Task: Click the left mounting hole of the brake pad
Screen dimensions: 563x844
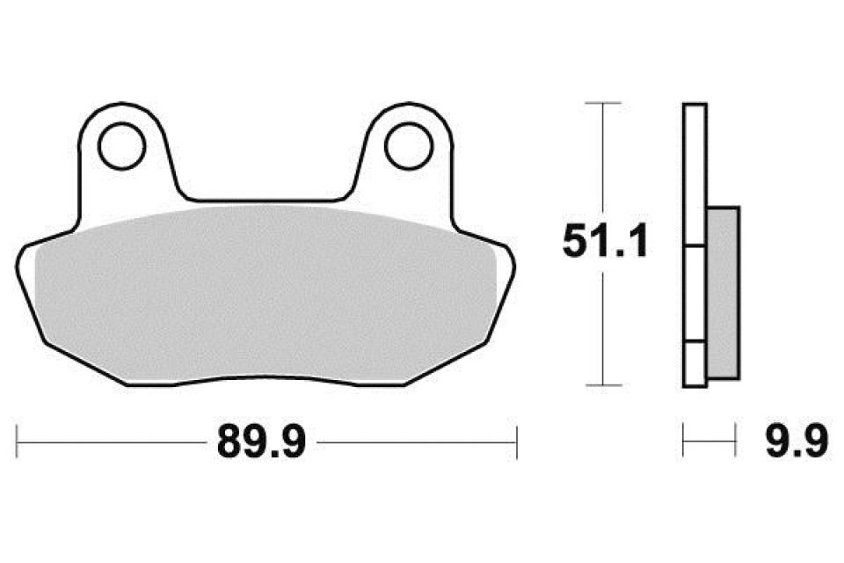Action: pyautogui.click(x=122, y=146)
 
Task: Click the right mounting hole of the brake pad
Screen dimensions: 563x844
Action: pyautogui.click(x=407, y=146)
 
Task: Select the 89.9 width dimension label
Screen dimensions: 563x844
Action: pyautogui.click(x=261, y=442)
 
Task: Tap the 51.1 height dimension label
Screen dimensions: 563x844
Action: pyautogui.click(x=605, y=243)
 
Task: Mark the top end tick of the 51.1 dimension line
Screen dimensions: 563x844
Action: pyautogui.click(x=603, y=104)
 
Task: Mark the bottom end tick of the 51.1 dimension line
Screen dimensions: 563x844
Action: pyautogui.click(x=603, y=385)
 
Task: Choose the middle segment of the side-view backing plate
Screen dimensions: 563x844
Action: pyautogui.click(x=694, y=293)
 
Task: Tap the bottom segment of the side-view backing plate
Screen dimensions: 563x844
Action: pyautogui.click(x=694, y=363)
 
